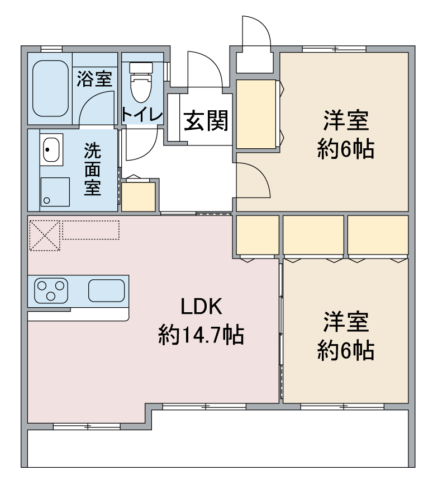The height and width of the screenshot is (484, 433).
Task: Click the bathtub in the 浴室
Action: point(50,88)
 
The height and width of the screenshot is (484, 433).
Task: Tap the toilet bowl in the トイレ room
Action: point(141,82)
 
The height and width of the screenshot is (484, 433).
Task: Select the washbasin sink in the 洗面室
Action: point(51,150)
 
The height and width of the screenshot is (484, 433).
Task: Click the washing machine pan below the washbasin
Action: point(55,192)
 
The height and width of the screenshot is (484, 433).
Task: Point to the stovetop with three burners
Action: point(51,290)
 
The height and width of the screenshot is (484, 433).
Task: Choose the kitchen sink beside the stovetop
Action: point(106,290)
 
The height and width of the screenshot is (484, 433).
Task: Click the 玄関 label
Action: point(206,120)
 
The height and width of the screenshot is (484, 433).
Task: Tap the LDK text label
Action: point(201,307)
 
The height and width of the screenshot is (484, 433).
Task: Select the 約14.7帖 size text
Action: point(201,335)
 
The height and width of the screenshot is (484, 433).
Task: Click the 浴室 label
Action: point(94,78)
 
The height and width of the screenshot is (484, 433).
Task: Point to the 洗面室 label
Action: point(92,169)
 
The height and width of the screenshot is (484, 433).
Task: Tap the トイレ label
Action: point(142,115)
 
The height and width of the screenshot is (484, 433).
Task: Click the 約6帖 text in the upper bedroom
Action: point(346,149)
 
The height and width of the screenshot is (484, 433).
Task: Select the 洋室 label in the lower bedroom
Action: point(346,322)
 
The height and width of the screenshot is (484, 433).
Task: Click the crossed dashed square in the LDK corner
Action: point(45,235)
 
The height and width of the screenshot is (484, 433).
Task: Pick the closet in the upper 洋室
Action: point(256,114)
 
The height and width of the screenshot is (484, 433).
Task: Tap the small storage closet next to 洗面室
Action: point(139,197)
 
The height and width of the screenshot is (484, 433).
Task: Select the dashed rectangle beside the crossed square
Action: point(91,230)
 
